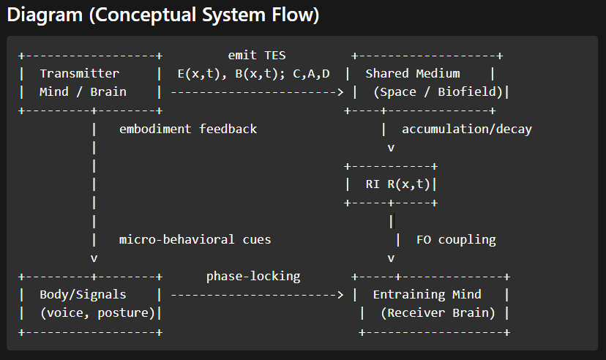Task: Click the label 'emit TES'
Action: (x=257, y=56)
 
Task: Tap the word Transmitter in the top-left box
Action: (x=79, y=74)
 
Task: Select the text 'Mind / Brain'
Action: (x=83, y=92)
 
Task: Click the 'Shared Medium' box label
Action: (x=413, y=74)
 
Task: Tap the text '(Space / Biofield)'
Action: (x=438, y=92)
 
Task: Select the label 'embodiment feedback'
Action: (x=188, y=130)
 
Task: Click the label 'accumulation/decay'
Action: (x=467, y=130)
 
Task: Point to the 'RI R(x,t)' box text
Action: (x=398, y=184)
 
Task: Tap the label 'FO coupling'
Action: (x=456, y=240)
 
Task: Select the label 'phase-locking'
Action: (x=253, y=277)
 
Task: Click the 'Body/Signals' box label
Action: (x=83, y=295)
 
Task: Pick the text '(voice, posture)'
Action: (x=97, y=313)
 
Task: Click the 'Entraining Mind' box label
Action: (x=427, y=295)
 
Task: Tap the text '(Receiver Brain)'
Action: (x=438, y=313)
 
